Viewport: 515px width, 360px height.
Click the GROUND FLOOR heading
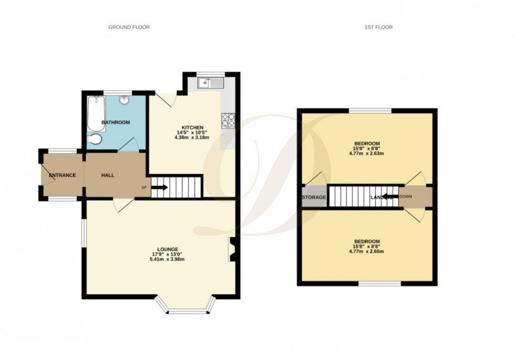(129, 27)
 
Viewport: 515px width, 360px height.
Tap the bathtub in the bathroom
(95, 113)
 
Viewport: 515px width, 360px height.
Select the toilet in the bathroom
(95, 139)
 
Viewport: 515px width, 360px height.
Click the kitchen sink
(210, 83)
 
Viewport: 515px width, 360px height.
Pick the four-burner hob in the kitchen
(229, 120)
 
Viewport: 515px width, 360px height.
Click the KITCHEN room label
(192, 128)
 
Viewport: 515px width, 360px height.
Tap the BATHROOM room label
(116, 122)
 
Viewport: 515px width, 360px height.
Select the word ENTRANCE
(63, 176)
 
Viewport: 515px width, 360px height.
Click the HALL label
(108, 176)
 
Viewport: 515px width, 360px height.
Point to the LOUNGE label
(168, 249)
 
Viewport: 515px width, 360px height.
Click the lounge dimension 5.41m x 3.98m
(168, 260)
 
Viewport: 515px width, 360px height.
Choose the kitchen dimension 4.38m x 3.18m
(192, 138)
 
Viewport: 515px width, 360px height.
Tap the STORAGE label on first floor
(314, 198)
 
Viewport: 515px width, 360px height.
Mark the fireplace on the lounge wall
(232, 249)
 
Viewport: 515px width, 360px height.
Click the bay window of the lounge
(187, 308)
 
